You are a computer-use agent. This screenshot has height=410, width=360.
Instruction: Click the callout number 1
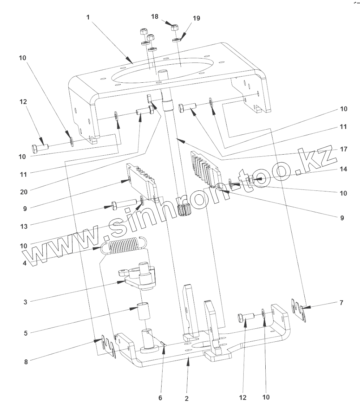88,17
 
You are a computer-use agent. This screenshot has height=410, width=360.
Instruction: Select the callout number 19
196,18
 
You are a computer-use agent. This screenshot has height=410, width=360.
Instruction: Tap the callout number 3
25,301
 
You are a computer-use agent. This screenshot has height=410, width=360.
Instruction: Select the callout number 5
25,333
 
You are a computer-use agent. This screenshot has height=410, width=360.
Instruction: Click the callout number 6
160,398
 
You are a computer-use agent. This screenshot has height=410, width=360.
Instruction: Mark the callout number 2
187,399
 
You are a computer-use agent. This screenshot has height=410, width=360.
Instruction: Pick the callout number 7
342,302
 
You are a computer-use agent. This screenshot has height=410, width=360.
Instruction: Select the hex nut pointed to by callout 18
174,26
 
